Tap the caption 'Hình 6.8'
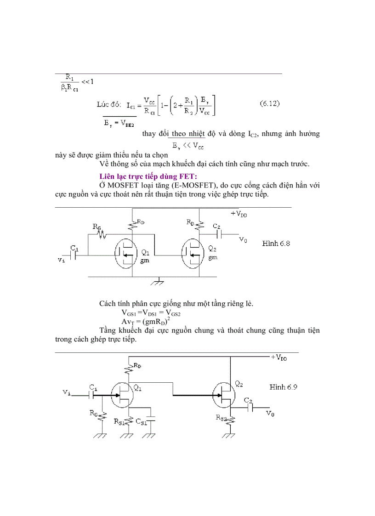click(x=276, y=244)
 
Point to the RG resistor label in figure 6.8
click(x=97, y=227)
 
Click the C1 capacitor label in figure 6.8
click(x=74, y=249)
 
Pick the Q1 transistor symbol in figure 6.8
click(x=125, y=254)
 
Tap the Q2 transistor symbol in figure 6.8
click(x=193, y=254)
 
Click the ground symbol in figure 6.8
click(x=159, y=281)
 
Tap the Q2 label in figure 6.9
click(x=239, y=383)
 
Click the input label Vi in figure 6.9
click(x=67, y=392)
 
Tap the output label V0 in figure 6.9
click(x=270, y=414)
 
